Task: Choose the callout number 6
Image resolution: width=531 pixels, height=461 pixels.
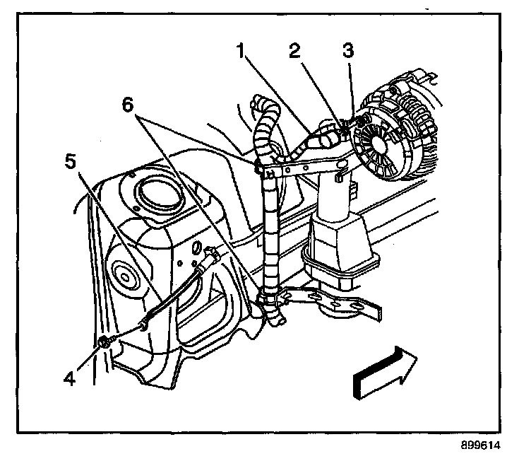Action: (127, 104)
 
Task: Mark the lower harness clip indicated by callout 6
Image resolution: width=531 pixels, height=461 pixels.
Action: (269, 298)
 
